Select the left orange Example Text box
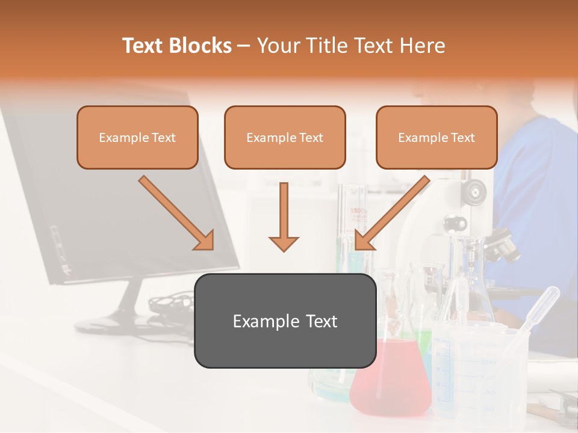(137, 138)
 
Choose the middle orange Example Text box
(285, 138)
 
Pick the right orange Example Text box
(437, 138)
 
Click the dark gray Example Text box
(285, 321)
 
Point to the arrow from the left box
(176, 213)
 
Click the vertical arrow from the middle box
(284, 216)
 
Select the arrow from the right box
(392, 213)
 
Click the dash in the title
(244, 46)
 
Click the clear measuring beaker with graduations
(476, 373)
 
